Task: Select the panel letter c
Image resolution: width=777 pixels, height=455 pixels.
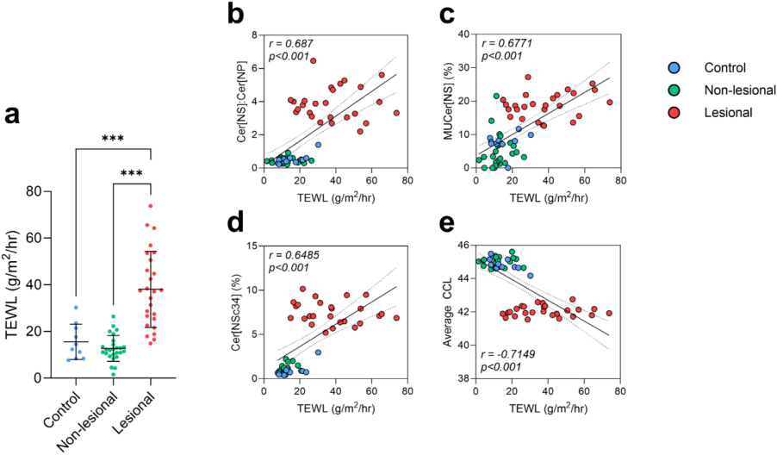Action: click(447, 14)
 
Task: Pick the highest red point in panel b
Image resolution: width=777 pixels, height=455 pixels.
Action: click(313, 60)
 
